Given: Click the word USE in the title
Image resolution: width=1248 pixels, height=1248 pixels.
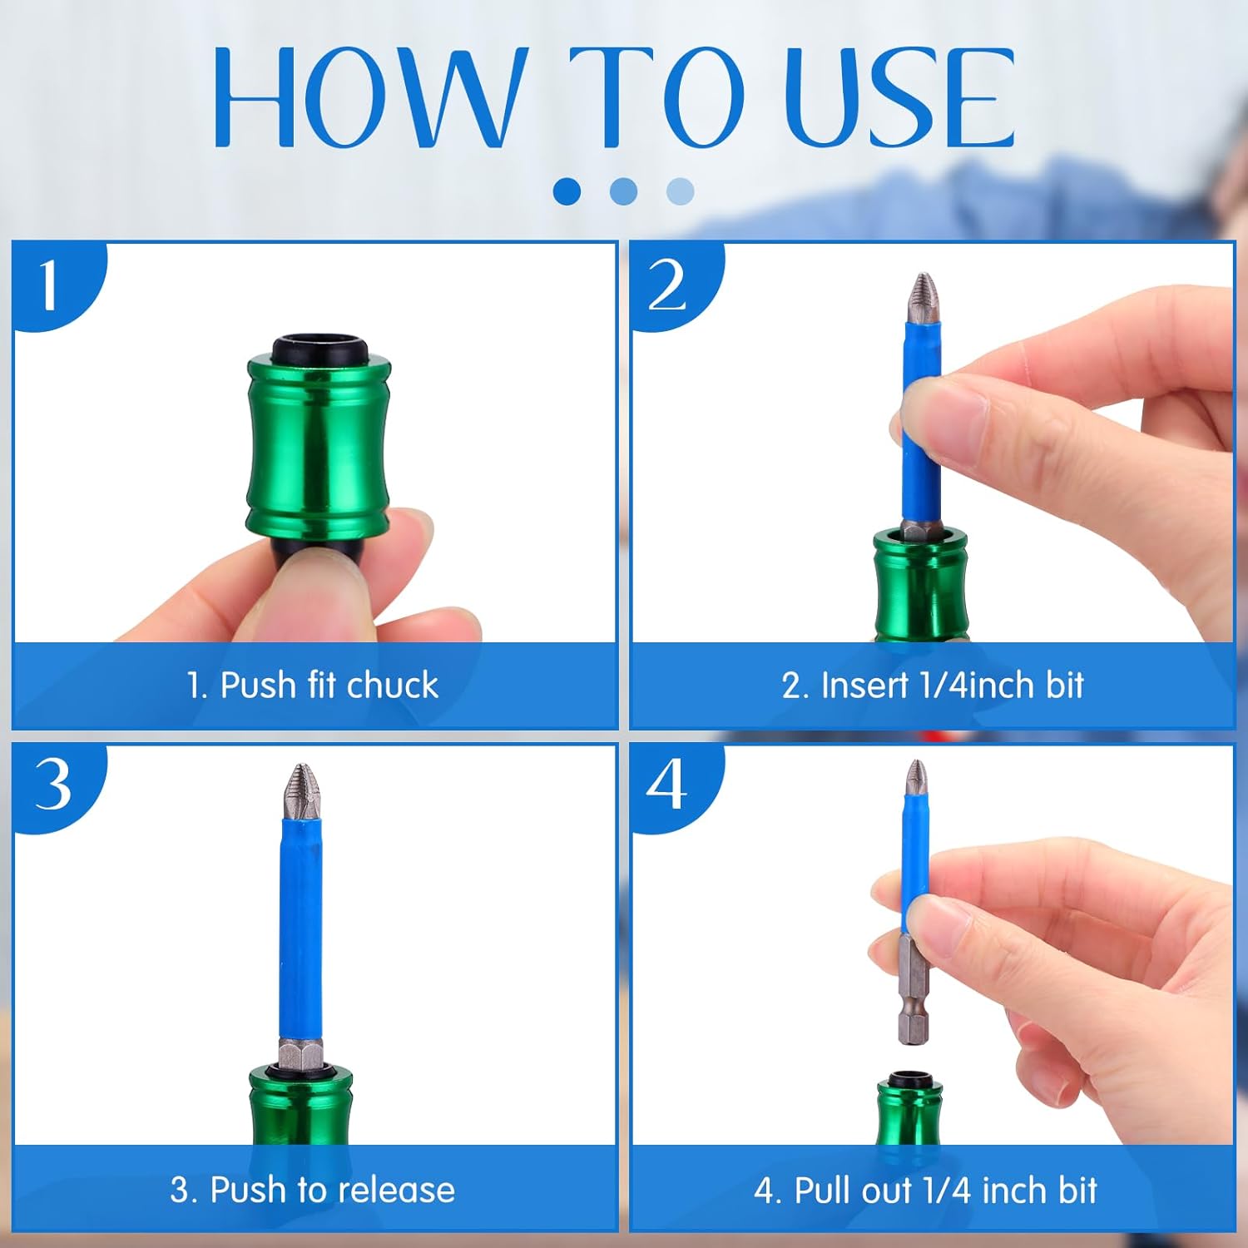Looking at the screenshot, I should [x=899, y=98].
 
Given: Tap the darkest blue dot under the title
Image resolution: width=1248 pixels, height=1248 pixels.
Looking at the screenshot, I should [x=567, y=191].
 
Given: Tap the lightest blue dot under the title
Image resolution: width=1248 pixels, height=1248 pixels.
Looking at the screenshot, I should [x=680, y=191].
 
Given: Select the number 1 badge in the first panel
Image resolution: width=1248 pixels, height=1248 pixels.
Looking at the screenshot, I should [x=50, y=285].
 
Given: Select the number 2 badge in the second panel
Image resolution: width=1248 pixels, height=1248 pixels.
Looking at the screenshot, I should [x=668, y=285].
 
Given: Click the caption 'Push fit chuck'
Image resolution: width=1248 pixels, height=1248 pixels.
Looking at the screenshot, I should [x=313, y=686].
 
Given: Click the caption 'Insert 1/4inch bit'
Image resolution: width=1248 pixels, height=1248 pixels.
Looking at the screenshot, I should [x=933, y=686].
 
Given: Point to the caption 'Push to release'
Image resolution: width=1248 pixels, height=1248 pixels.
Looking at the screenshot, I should [x=313, y=1190].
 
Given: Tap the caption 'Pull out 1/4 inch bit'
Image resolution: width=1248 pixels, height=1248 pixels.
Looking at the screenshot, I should [x=925, y=1191].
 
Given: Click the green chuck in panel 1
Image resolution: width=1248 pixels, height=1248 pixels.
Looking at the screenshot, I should [x=319, y=449].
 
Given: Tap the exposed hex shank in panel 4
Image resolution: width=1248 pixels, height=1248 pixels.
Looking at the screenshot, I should [x=913, y=990].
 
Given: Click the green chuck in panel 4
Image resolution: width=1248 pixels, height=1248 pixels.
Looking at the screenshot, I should [x=909, y=1115].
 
